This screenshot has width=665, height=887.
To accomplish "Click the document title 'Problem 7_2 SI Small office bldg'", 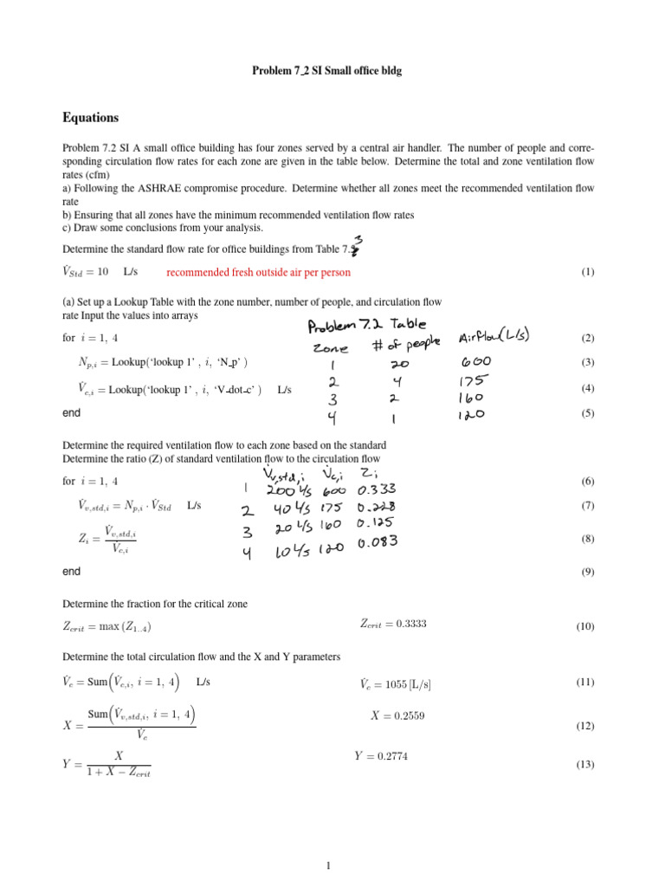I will pos(326,70).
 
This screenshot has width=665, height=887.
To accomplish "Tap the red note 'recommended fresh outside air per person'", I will pos(258,272).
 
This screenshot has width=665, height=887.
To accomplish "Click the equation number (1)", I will pos(587,272).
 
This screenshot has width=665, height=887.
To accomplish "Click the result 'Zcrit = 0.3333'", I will pos(393,623).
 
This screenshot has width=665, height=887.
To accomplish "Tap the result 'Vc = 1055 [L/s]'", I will pos(395,683).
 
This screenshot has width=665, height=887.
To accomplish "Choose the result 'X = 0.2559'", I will pos(397,715).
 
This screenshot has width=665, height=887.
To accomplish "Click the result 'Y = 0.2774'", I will pos(381,756).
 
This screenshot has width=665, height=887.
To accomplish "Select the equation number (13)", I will pos(585,765).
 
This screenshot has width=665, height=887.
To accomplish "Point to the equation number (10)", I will pos(585,626).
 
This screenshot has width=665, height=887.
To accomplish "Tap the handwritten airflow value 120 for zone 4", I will pos(472,415).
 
